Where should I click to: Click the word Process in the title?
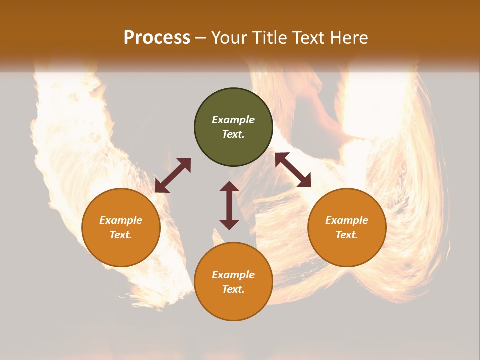[x=157, y=38]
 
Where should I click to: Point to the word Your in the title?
[x=229, y=38]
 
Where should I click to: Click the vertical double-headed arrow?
[x=229, y=205]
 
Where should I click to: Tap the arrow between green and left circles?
[x=173, y=175]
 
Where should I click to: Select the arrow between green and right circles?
[x=293, y=170]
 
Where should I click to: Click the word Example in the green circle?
[x=233, y=120]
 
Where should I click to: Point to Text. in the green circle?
[x=233, y=134]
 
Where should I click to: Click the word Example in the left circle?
[x=121, y=220]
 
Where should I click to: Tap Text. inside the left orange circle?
[x=121, y=235]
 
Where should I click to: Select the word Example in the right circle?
[x=347, y=220]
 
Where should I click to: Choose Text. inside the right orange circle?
[x=347, y=235]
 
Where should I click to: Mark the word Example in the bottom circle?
[x=233, y=275]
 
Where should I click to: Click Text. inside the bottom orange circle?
[x=233, y=289]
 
